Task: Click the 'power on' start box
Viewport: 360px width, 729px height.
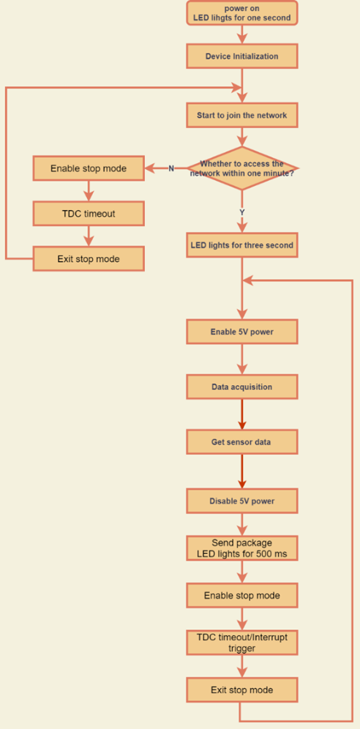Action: tap(242, 12)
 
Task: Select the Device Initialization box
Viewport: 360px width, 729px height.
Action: tap(242, 56)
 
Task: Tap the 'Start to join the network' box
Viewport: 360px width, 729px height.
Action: tap(242, 115)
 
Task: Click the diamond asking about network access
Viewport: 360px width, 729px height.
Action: tap(242, 168)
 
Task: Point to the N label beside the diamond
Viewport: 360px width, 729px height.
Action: tap(171, 168)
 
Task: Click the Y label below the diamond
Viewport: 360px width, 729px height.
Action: tap(242, 212)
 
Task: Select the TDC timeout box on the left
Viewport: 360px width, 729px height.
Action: tap(89, 214)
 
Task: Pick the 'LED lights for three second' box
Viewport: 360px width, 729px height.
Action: tap(242, 245)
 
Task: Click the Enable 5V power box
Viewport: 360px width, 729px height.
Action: tap(242, 332)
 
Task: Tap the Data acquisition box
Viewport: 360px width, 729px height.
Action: tap(242, 386)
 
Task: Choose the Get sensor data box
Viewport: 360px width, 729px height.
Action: tap(242, 441)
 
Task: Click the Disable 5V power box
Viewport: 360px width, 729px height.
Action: tap(242, 501)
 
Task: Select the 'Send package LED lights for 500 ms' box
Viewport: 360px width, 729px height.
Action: tap(242, 548)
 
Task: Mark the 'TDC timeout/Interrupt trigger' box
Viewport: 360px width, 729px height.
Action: tap(242, 643)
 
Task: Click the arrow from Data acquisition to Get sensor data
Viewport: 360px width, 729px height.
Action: tap(242, 414)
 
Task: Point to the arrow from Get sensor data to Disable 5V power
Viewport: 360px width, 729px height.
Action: tap(242, 471)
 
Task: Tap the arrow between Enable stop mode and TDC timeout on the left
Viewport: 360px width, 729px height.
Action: tap(89, 191)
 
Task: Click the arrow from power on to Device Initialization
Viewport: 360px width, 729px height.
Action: tap(242, 34)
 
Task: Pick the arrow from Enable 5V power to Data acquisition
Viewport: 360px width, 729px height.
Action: tap(242, 359)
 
